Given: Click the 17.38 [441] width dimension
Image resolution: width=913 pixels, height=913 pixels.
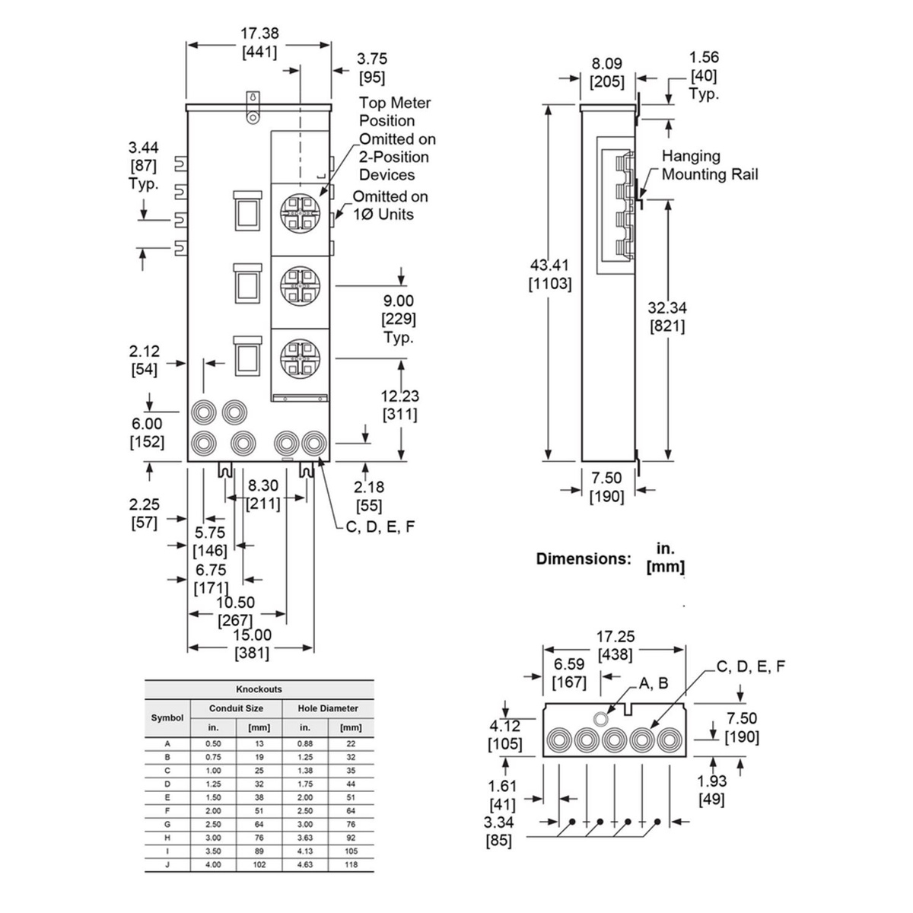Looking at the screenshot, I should click(x=259, y=43).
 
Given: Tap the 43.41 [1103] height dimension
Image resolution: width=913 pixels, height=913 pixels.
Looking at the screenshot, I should click(x=550, y=275).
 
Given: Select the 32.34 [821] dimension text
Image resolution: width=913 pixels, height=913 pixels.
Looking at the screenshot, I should click(x=666, y=317).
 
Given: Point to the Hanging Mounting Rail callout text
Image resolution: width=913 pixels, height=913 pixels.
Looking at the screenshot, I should click(x=709, y=165).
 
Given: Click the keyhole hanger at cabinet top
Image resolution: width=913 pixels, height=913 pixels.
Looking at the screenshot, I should click(x=253, y=106).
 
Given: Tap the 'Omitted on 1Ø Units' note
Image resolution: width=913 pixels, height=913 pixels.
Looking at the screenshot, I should click(x=390, y=205).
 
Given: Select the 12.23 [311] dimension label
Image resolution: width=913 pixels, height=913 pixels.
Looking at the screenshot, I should click(x=399, y=405).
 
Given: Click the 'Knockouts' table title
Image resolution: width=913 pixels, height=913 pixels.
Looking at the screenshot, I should click(x=259, y=689).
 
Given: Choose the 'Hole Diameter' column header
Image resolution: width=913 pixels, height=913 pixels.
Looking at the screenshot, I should click(x=328, y=708).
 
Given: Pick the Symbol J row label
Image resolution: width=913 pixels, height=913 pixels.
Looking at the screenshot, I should click(x=167, y=864).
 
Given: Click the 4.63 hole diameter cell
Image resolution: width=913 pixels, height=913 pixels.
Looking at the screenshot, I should click(x=305, y=864).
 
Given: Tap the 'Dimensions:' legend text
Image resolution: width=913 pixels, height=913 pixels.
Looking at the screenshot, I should click(x=584, y=558).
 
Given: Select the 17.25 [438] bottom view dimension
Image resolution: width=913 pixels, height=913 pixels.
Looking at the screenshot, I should click(x=616, y=645).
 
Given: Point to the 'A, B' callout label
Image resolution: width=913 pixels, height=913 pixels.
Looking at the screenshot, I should click(x=653, y=683).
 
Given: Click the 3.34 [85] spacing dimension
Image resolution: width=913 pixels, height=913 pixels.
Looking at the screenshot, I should click(x=499, y=831).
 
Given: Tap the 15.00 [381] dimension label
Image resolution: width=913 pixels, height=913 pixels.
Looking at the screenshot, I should click(x=252, y=644).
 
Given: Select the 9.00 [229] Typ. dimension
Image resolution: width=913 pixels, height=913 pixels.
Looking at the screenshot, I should click(x=399, y=320).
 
